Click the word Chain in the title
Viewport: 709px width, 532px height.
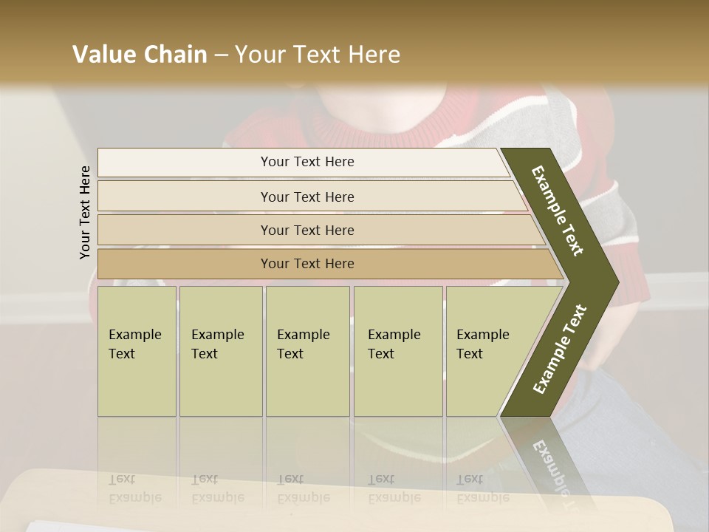[175, 55]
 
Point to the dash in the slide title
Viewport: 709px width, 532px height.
[221, 55]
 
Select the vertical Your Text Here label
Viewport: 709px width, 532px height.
[85, 212]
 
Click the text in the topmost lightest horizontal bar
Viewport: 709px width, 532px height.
[307, 162]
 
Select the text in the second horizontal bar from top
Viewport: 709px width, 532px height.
[307, 197]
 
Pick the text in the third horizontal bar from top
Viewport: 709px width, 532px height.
[307, 230]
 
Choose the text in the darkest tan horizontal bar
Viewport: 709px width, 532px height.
[307, 263]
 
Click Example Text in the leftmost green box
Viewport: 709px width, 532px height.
[134, 344]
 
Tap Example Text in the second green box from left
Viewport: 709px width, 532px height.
[217, 344]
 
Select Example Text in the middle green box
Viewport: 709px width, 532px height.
[303, 344]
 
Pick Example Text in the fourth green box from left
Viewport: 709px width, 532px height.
[394, 344]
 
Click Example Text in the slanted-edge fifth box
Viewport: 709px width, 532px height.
[482, 344]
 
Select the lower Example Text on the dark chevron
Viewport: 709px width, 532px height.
[560, 349]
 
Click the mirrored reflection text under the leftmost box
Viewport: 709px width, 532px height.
[134, 488]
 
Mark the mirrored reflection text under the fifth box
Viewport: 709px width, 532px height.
[482, 488]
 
